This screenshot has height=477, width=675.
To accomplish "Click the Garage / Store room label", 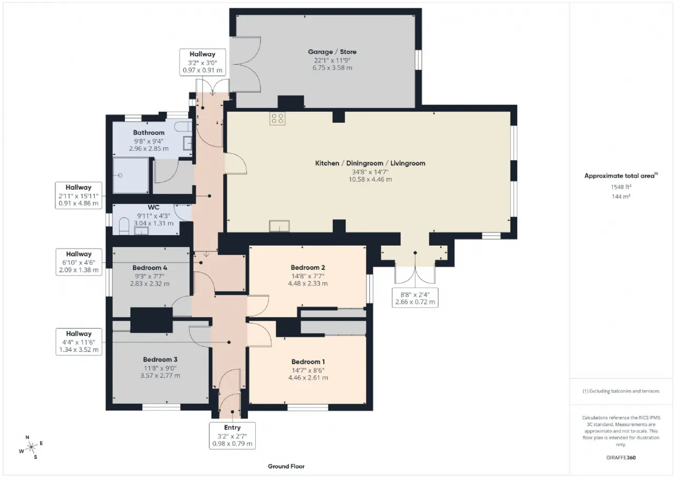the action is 332,52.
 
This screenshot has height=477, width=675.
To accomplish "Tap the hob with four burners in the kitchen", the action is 277,119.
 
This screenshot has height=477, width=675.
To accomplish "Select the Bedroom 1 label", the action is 308,362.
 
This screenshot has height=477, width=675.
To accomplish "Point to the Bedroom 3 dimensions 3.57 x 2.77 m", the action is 160,375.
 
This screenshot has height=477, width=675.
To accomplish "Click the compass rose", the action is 31,447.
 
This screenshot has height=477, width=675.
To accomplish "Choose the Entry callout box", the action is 233,436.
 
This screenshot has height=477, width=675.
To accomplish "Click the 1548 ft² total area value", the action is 621,187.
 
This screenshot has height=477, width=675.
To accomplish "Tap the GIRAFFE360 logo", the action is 621,457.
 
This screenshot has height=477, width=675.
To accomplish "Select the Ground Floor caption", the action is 286,466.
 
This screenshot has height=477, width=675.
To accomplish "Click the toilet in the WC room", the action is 124,226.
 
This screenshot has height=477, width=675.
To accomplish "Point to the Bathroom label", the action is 149,132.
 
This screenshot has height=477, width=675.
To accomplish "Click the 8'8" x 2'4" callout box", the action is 415,298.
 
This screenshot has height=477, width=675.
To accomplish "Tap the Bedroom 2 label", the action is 307,267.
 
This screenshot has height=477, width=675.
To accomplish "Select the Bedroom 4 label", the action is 150,268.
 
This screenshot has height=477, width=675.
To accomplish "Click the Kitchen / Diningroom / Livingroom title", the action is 370,163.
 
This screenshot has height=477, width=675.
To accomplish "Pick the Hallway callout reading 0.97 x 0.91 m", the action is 202,62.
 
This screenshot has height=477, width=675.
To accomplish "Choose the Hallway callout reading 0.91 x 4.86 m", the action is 79,196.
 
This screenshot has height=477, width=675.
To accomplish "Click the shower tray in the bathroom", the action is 131,176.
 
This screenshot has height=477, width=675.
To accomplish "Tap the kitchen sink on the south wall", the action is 279,226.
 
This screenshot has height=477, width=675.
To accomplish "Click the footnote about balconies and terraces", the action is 621,391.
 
